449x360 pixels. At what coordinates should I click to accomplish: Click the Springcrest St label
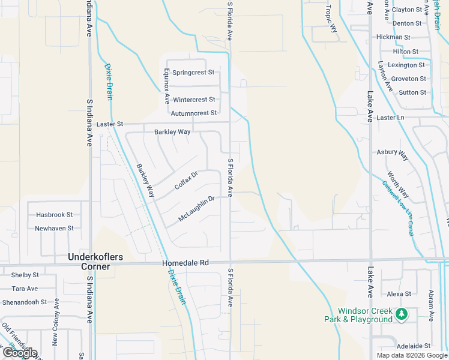coord(193,73)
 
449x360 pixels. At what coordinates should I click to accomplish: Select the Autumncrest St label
coord(193,113)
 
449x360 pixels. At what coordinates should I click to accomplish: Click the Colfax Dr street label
coord(186,181)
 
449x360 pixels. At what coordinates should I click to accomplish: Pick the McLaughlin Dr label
coord(196,209)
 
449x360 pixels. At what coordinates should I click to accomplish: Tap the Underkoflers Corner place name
coord(96,262)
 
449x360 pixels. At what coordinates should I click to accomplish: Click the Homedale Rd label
coord(185,263)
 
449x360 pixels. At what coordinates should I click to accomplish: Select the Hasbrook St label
coord(54,214)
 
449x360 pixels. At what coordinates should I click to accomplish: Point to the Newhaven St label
coord(54,228)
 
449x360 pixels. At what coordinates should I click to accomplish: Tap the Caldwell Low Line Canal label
coord(398,208)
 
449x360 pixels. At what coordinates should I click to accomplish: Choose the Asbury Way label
coord(393,155)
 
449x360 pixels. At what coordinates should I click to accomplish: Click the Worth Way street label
coord(397,185)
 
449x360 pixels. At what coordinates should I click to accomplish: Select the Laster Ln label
coord(391,118)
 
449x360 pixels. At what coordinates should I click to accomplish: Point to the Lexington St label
coord(406,65)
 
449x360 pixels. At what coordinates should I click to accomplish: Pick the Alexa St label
coord(399,294)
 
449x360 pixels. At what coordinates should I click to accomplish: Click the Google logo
coord(19,353)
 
